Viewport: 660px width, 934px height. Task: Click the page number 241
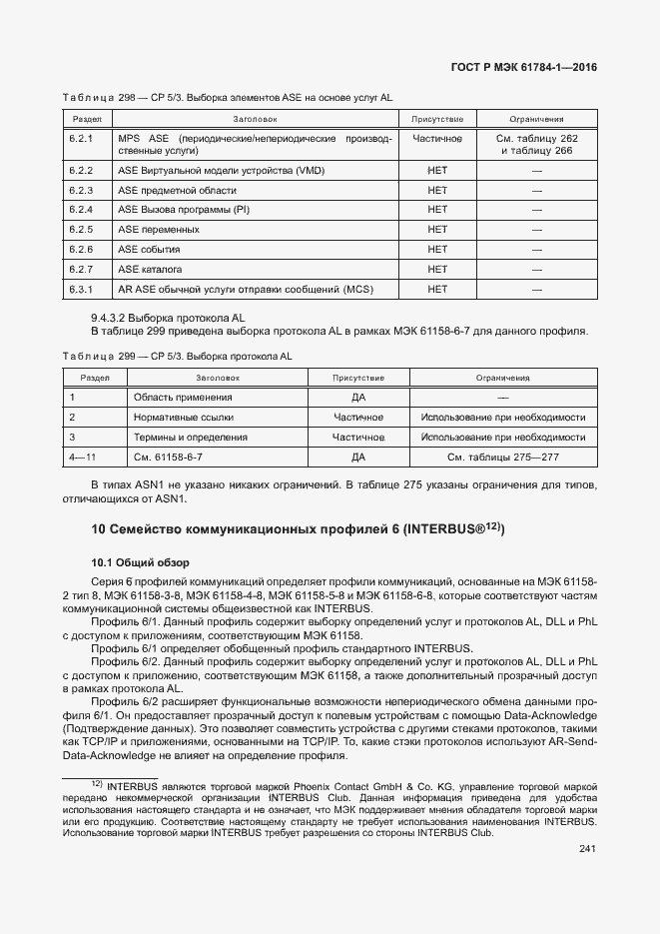(x=587, y=850)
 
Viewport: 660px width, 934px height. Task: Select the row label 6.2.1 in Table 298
(x=81, y=138)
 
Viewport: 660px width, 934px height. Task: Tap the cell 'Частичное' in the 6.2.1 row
(x=436, y=138)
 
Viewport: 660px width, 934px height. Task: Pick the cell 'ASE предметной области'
(x=177, y=191)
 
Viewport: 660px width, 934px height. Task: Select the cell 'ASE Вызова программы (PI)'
(x=183, y=210)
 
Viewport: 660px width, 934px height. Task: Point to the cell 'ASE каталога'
(x=150, y=270)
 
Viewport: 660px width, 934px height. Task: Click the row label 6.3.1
(x=81, y=290)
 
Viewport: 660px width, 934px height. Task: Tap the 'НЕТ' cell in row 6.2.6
(x=436, y=250)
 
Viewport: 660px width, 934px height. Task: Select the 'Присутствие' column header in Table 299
(x=358, y=379)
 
